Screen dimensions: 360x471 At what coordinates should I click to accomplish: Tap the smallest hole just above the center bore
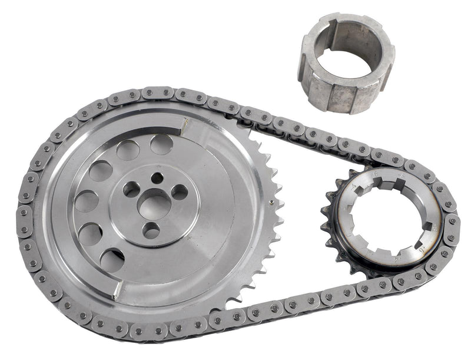pos(156,177)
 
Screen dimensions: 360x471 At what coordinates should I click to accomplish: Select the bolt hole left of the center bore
pos(131,189)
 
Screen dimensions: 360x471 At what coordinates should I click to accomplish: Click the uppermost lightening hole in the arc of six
pos(161,144)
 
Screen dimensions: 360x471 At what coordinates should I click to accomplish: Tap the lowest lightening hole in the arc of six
pos(112,259)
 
